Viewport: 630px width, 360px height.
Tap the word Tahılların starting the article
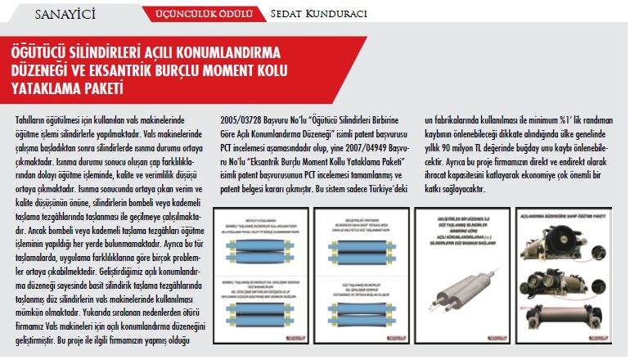32,119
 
